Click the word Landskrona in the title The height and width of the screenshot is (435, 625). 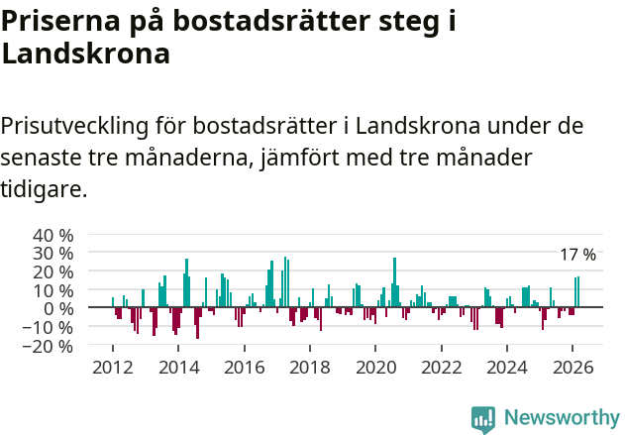[85, 54]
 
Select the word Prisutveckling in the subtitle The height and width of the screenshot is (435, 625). [75, 127]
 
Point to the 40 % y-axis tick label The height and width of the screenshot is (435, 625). [52, 236]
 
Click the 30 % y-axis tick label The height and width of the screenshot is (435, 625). [52, 254]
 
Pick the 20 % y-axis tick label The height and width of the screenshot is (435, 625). [52, 272]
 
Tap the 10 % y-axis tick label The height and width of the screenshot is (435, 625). [52, 290]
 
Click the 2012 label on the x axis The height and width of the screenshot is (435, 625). [112, 368]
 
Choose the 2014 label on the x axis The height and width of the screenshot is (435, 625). [178, 368]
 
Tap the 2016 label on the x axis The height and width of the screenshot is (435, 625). [244, 368]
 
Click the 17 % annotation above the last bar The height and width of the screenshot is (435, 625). [577, 256]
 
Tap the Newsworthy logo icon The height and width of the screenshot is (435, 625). [483, 418]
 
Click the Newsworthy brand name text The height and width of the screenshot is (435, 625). [561, 418]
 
